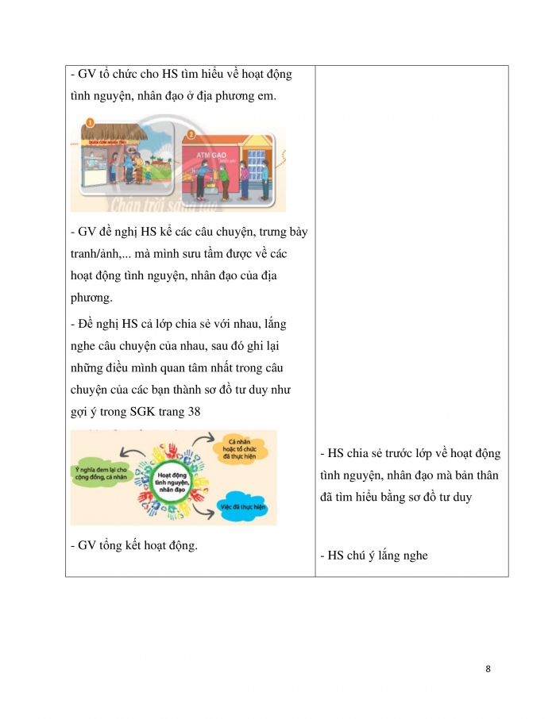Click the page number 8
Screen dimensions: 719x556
488,669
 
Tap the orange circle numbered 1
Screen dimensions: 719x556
90,122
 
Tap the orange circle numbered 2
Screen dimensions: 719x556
190,134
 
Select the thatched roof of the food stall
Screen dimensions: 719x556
119,132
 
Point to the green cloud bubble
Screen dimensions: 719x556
101,475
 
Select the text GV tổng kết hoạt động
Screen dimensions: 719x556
133,545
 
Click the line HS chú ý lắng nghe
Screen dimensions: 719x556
373,556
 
